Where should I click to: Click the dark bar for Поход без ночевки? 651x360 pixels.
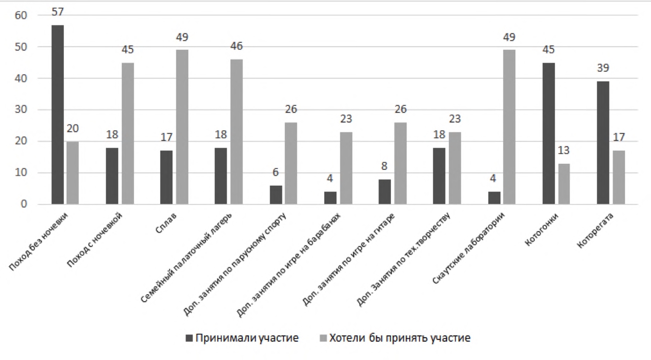pyautogui.click(x=58, y=114)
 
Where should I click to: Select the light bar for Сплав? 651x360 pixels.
pyautogui.click(x=182, y=127)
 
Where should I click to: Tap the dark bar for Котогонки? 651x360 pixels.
pyautogui.click(x=549, y=134)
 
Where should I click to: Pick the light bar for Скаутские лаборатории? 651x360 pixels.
pyautogui.click(x=509, y=127)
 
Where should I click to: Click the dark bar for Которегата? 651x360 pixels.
pyautogui.click(x=603, y=143)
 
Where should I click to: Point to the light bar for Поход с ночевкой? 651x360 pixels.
pyautogui.click(x=128, y=134)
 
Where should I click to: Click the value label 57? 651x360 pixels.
pyautogui.click(x=58, y=12)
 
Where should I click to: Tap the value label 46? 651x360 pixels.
pyautogui.click(x=237, y=46)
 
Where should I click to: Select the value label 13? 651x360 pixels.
pyautogui.click(x=563, y=150)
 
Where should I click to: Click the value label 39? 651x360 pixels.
pyautogui.click(x=603, y=68)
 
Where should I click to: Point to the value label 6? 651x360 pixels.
pyautogui.click(x=275, y=172)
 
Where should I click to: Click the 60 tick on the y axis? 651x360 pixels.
pyautogui.click(x=21, y=15)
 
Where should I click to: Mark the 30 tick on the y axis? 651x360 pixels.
pyautogui.click(x=21, y=110)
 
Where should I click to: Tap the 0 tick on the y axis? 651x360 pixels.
pyautogui.click(x=24, y=204)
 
